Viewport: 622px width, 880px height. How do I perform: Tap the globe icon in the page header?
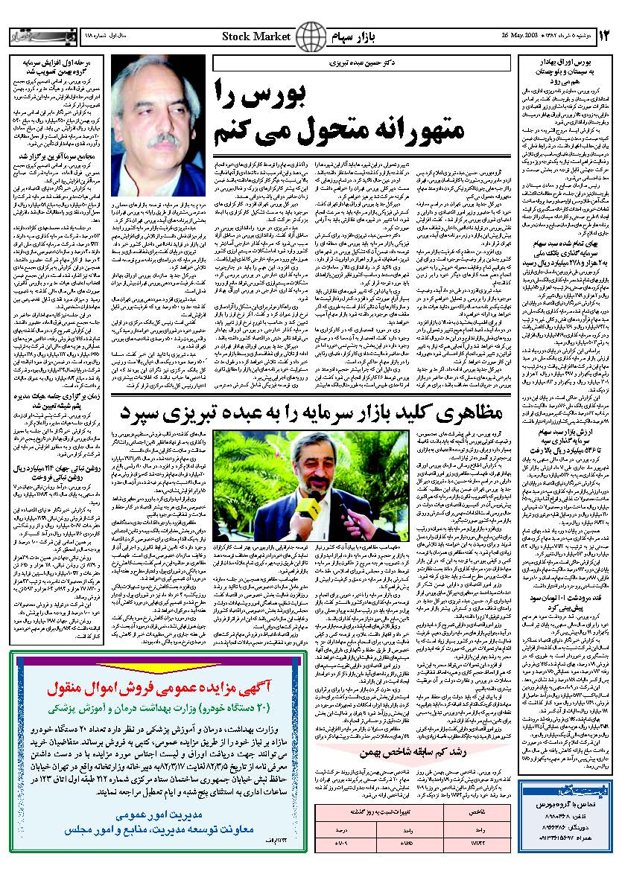click(x=311, y=35)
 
